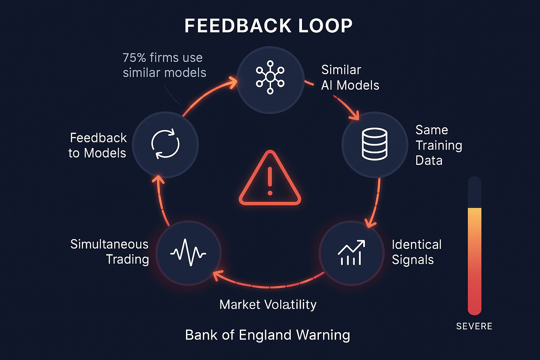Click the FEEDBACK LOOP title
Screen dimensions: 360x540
(x=268, y=26)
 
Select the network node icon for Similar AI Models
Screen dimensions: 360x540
(x=270, y=77)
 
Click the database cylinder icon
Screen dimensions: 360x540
(x=374, y=144)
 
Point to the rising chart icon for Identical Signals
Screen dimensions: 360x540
(x=351, y=252)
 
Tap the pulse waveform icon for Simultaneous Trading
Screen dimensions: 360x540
(x=188, y=252)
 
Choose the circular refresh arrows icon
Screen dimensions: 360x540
(x=165, y=144)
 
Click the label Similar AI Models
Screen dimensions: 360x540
(x=350, y=77)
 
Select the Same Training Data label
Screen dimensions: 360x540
(x=438, y=145)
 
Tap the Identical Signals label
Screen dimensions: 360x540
(x=416, y=252)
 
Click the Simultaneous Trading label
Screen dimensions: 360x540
(x=110, y=252)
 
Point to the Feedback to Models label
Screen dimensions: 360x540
(x=98, y=145)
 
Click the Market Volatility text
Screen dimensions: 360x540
(x=268, y=304)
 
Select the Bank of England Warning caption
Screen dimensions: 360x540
(x=268, y=335)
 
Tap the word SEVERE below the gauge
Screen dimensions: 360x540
(x=474, y=326)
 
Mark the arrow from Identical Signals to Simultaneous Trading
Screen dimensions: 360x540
(x=269, y=285)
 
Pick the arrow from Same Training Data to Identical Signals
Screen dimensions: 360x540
(x=375, y=204)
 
